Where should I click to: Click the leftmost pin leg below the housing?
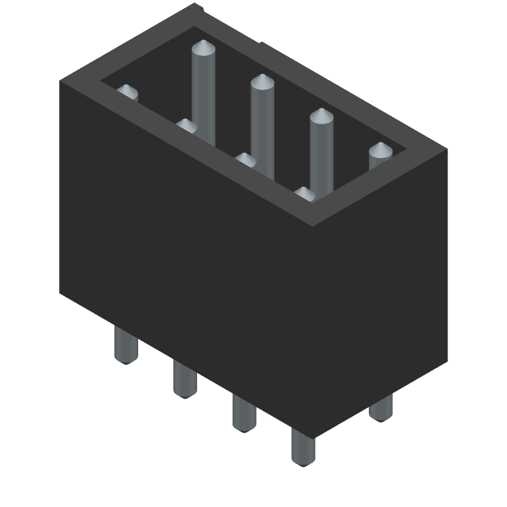[125, 345]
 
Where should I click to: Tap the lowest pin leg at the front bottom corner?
[303, 447]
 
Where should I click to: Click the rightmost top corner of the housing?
[447, 150]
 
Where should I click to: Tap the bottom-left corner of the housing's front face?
[60, 293]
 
